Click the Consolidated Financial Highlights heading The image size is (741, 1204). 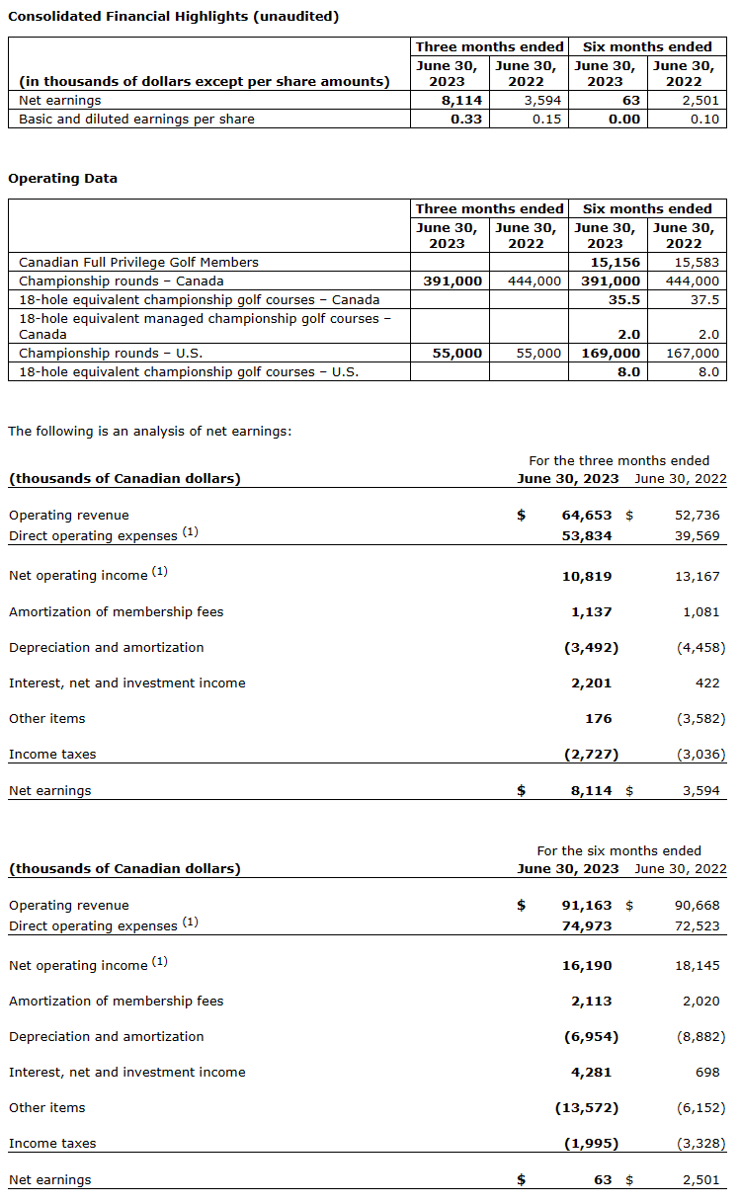pos(173,17)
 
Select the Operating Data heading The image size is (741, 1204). pos(62,179)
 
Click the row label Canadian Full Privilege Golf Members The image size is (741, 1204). pos(138,263)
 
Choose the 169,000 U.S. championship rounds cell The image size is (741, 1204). pos(608,354)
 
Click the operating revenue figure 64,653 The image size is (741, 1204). pos(587,516)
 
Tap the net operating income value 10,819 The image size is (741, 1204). pos(587,576)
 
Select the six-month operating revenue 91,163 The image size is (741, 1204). pos(587,906)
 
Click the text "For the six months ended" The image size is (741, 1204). pos(618,850)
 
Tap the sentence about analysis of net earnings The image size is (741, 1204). pos(149,432)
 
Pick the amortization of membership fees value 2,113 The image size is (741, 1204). pos(591,1002)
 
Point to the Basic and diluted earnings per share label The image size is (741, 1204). pos(136,120)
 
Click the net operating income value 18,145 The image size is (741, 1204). pos(698,965)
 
